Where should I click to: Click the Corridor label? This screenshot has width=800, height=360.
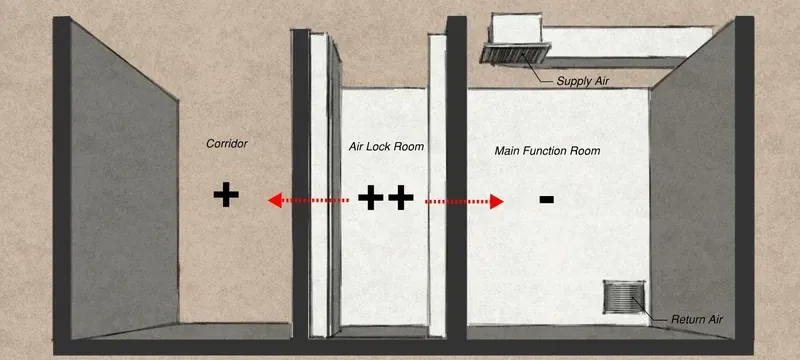(227, 144)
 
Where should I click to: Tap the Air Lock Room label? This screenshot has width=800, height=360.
(386, 146)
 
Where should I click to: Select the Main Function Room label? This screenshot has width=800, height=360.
(547, 151)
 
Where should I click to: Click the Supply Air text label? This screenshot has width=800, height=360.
(583, 81)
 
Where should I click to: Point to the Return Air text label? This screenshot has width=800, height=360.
(696, 320)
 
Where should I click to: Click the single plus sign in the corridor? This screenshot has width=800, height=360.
(226, 194)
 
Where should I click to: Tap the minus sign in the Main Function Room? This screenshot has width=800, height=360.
(546, 199)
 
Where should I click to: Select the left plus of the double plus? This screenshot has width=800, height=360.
(370, 197)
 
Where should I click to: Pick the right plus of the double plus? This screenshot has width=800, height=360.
(401, 197)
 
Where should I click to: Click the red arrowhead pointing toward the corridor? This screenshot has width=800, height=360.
(275, 200)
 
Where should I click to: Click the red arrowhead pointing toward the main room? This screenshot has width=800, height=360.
(496, 202)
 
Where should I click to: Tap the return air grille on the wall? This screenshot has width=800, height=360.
(624, 297)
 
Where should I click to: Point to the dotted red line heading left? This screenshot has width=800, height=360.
(315, 200)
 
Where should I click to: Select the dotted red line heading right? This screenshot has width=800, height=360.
(458, 202)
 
